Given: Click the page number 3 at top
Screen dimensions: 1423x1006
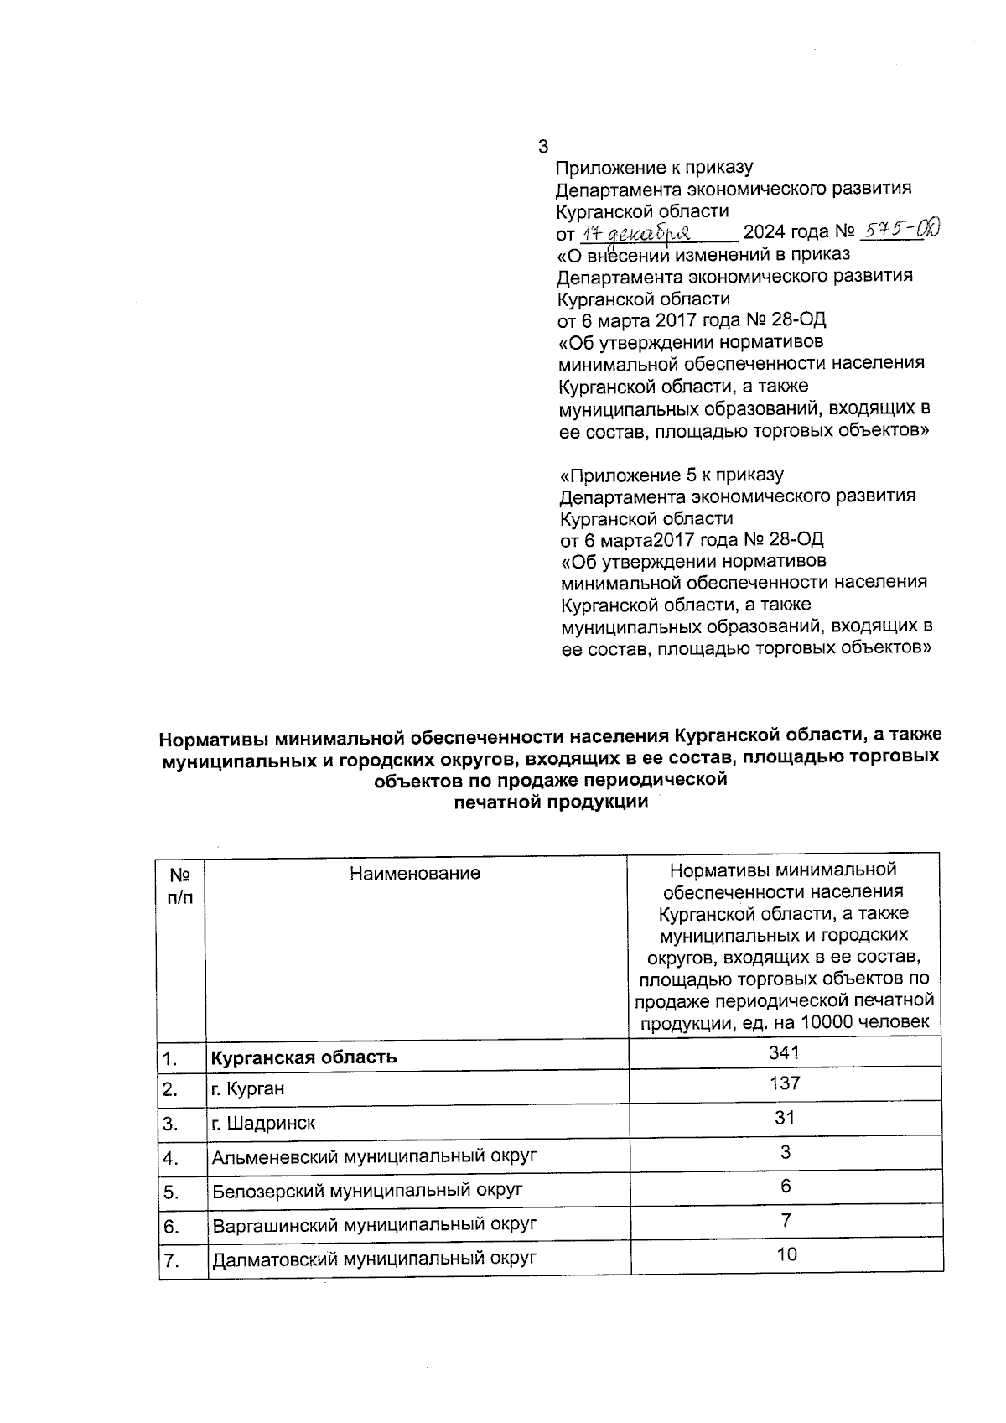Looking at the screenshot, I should pos(542,146).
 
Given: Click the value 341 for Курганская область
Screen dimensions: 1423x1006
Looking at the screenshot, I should pos(784,1052).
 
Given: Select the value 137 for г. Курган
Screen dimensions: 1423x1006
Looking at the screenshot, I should pos(785,1083).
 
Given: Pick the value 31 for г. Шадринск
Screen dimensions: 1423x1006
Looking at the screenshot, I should pos(785,1118).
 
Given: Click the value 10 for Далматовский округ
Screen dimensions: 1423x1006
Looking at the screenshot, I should pos(786,1254).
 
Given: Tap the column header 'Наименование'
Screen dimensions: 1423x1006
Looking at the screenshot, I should pos(415,873).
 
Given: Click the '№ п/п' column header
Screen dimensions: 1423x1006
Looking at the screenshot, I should pos(180,885).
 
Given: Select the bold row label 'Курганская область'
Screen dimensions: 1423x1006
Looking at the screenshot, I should pos(303,1057).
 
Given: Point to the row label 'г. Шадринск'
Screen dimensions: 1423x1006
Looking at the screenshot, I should pos(263,1123).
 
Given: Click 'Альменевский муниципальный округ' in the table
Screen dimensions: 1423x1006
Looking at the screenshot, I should pos(374,1157).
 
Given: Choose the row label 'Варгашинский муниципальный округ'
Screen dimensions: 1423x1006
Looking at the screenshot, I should pos(374,1225).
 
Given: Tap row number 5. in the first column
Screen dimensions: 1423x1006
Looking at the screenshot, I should pos(171,1192).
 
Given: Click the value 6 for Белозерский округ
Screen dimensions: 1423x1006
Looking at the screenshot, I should pos(786,1187).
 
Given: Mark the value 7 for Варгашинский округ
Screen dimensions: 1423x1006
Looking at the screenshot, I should pos(786,1221).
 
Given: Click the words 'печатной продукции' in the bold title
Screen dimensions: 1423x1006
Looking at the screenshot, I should pos(551,802).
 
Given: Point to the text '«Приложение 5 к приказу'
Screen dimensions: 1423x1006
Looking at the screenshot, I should pos(672,475).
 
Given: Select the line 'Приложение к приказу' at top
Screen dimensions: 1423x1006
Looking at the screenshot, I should pos(655,168).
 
